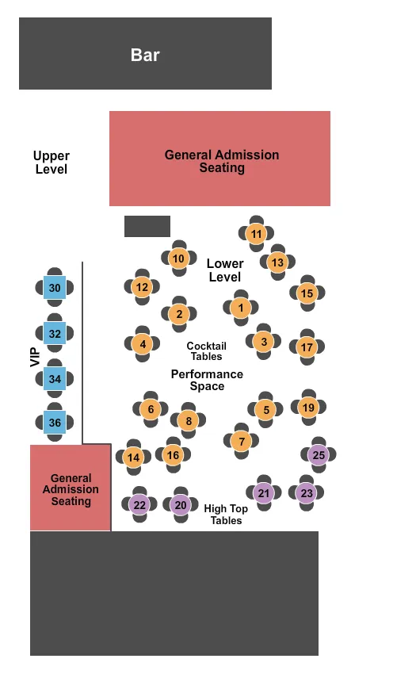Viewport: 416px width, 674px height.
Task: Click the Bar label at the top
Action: (145, 55)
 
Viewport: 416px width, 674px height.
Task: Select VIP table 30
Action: (55, 289)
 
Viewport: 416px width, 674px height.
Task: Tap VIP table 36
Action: (55, 423)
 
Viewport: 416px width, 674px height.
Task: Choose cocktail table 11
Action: (256, 234)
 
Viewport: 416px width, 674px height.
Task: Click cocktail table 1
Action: (241, 308)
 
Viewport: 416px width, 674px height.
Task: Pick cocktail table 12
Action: (142, 287)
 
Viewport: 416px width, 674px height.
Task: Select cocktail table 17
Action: (307, 347)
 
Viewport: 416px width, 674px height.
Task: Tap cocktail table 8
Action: (188, 420)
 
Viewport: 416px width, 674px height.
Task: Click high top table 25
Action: (319, 455)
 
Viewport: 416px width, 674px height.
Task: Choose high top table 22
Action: (139, 504)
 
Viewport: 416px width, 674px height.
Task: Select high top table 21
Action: (264, 493)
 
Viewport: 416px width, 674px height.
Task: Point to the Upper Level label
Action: (52, 163)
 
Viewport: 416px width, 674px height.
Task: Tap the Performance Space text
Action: (207, 380)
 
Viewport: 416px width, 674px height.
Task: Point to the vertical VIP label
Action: (34, 357)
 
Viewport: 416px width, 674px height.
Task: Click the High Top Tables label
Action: (226, 515)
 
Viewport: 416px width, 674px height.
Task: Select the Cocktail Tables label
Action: (206, 350)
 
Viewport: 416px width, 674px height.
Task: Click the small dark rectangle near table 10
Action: (147, 226)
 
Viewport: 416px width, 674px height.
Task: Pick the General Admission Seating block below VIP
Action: (71, 489)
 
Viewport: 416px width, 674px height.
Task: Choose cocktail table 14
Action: (133, 458)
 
